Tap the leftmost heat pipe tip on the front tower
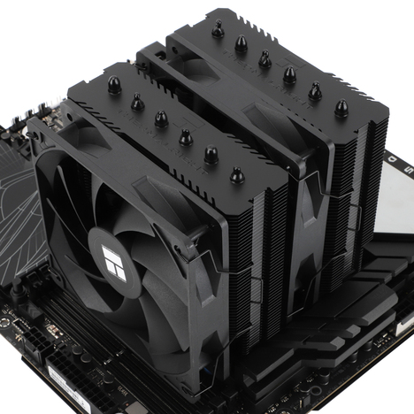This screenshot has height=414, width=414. tap(113, 86)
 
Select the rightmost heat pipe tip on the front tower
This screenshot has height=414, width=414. tap(237, 176)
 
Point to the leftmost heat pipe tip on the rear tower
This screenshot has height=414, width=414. tap(217, 30)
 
